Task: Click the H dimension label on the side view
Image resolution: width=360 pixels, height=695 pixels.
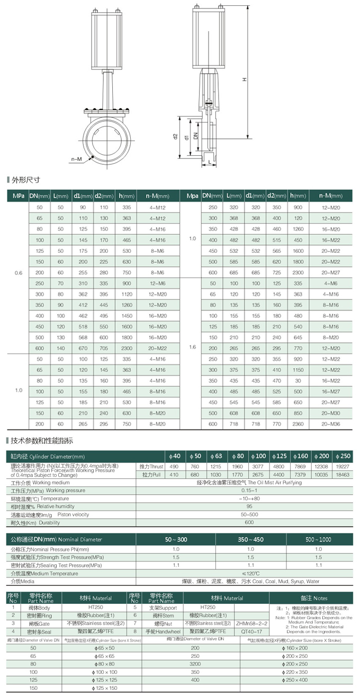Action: pyautogui.click(x=244, y=79)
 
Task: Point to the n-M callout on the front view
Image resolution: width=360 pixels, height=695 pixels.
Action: pyautogui.click(x=76, y=159)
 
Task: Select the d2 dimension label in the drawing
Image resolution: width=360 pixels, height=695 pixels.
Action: pyautogui.click(x=175, y=136)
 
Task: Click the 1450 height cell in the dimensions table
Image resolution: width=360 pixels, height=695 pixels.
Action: pyautogui.click(x=125, y=316)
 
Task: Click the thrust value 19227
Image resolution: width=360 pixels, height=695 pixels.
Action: pyautogui.click(x=343, y=466)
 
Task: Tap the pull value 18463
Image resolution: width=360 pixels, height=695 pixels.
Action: pyautogui.click(x=343, y=475)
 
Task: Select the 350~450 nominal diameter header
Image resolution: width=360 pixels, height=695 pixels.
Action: pyautogui.click(x=251, y=539)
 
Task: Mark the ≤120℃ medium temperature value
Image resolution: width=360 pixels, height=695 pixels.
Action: pyautogui.click(x=251, y=574)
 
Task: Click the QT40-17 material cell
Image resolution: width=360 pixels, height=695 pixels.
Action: pyautogui.click(x=247, y=631)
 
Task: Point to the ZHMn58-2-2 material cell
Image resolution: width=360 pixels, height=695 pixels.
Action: pyautogui.click(x=247, y=623)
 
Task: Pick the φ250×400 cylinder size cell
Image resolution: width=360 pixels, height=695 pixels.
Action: pyautogui.click(x=296, y=679)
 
